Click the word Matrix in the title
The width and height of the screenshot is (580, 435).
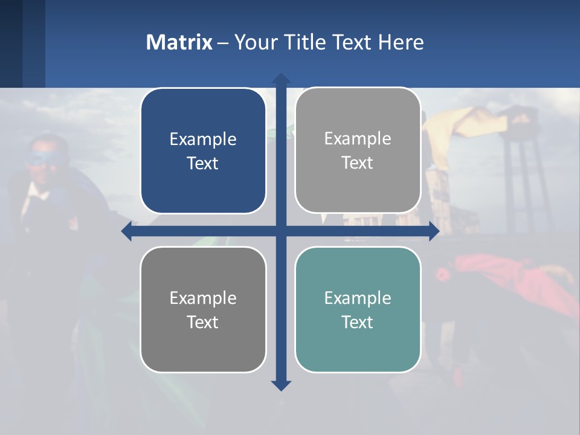[179, 42]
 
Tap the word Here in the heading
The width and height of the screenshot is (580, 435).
[401, 42]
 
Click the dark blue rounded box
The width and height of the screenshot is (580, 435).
[203, 151]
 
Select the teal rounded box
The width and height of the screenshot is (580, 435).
[358, 309]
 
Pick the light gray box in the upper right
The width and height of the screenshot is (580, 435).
[358, 150]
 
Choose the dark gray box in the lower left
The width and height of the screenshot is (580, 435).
[203, 309]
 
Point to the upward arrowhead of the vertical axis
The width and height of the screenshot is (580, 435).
[281, 79]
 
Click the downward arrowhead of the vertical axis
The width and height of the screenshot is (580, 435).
[281, 385]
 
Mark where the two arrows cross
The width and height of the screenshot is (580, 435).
[281, 231]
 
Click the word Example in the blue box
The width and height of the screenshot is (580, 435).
[203, 139]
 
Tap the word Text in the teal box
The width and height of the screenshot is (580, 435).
[358, 322]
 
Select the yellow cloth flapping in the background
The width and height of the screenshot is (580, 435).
[477, 121]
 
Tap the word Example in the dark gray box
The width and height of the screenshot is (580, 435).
[203, 298]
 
